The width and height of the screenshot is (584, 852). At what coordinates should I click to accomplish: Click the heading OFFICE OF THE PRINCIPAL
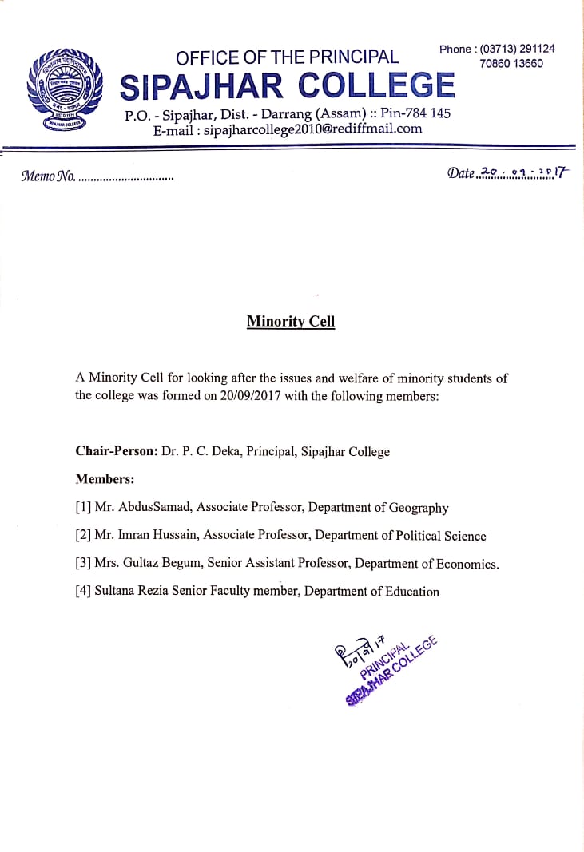pos(287,57)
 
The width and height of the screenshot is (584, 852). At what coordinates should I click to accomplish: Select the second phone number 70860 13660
pos(511,64)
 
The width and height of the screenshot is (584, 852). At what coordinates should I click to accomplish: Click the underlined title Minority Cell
pos(291,322)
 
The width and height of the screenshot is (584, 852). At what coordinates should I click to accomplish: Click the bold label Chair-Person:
pos(117,451)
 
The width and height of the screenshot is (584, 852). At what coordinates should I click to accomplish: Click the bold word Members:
pos(105,479)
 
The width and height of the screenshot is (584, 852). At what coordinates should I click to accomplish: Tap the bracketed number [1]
pos(83,507)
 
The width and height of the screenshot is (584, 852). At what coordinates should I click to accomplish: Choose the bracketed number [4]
pos(83,592)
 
